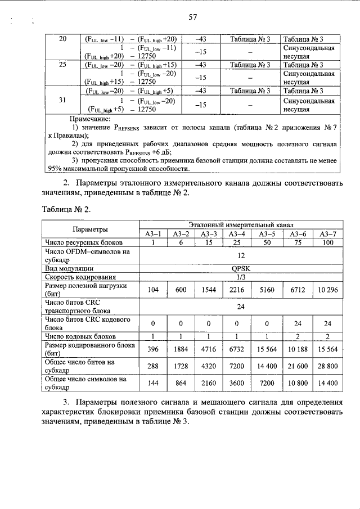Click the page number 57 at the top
192,17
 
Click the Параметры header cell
89,229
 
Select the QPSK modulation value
241,268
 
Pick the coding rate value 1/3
241,277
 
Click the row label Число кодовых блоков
79,336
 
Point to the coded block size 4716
208,350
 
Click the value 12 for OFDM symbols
241,255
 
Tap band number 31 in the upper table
63,101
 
